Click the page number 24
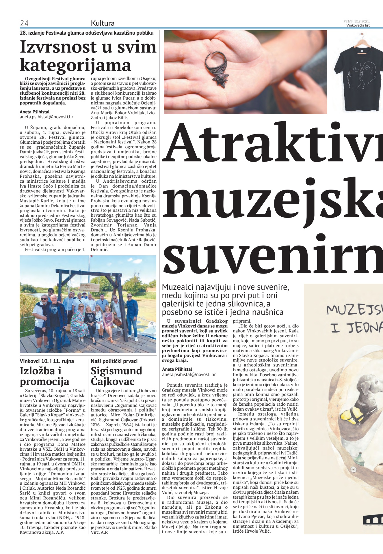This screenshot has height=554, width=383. pyautogui.click(x=24, y=23)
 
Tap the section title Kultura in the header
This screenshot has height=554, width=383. pyautogui.click(x=103, y=23)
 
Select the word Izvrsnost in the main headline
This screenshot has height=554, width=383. pyautogui.click(x=59, y=47)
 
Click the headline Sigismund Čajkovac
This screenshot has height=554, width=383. pyautogui.click(x=116, y=376)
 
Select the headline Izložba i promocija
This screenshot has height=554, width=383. pyautogui.click(x=44, y=376)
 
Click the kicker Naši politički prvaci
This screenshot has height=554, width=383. pyautogui.click(x=114, y=361)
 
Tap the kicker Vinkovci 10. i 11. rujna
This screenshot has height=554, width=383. pyautogui.click(x=47, y=361)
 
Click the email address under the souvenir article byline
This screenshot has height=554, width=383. pyautogui.click(x=189, y=375)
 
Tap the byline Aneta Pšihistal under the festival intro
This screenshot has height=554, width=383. pyautogui.click(x=34, y=112)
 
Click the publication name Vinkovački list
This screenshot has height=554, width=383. pyautogui.click(x=358, y=25)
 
